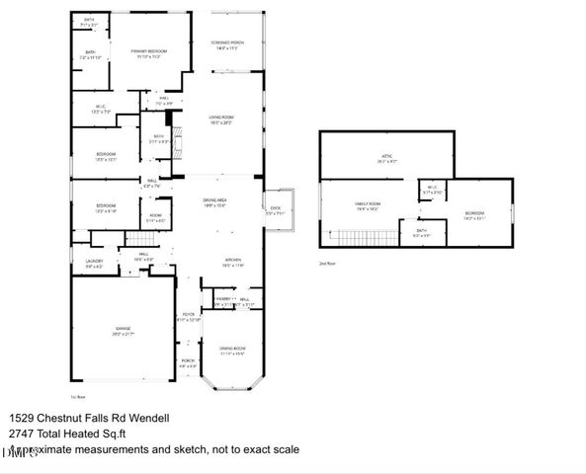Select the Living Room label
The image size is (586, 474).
click(219, 118)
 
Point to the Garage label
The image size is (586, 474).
click(124, 328)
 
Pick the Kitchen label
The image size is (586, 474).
click(232, 260)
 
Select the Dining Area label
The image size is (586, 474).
click(215, 201)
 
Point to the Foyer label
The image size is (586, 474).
click(188, 317)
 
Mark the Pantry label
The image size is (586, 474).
click(222, 299)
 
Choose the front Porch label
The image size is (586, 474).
click(188, 361)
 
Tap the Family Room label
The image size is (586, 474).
click(368, 204)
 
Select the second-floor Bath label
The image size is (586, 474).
click(421, 231)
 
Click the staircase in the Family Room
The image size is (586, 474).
click(347, 237)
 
